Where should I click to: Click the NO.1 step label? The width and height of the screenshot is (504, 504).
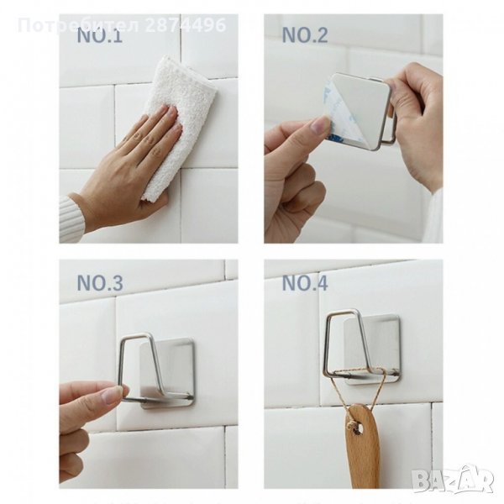tap(100, 35)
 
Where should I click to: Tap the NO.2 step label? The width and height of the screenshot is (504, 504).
tap(305, 35)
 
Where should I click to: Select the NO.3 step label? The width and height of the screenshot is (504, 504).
tap(100, 283)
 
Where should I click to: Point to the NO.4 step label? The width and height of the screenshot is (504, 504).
tap(305, 283)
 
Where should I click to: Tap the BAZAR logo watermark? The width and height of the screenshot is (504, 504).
tap(454, 479)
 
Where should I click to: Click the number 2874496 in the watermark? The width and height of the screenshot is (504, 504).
tap(186, 25)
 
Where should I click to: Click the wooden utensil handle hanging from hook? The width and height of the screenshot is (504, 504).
tap(363, 450)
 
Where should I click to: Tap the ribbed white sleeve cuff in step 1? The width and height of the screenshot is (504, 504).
tap(71, 219)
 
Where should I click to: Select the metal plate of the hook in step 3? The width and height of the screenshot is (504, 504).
tap(167, 373)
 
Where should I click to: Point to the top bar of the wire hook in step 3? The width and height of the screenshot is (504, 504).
tap(136, 335)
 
